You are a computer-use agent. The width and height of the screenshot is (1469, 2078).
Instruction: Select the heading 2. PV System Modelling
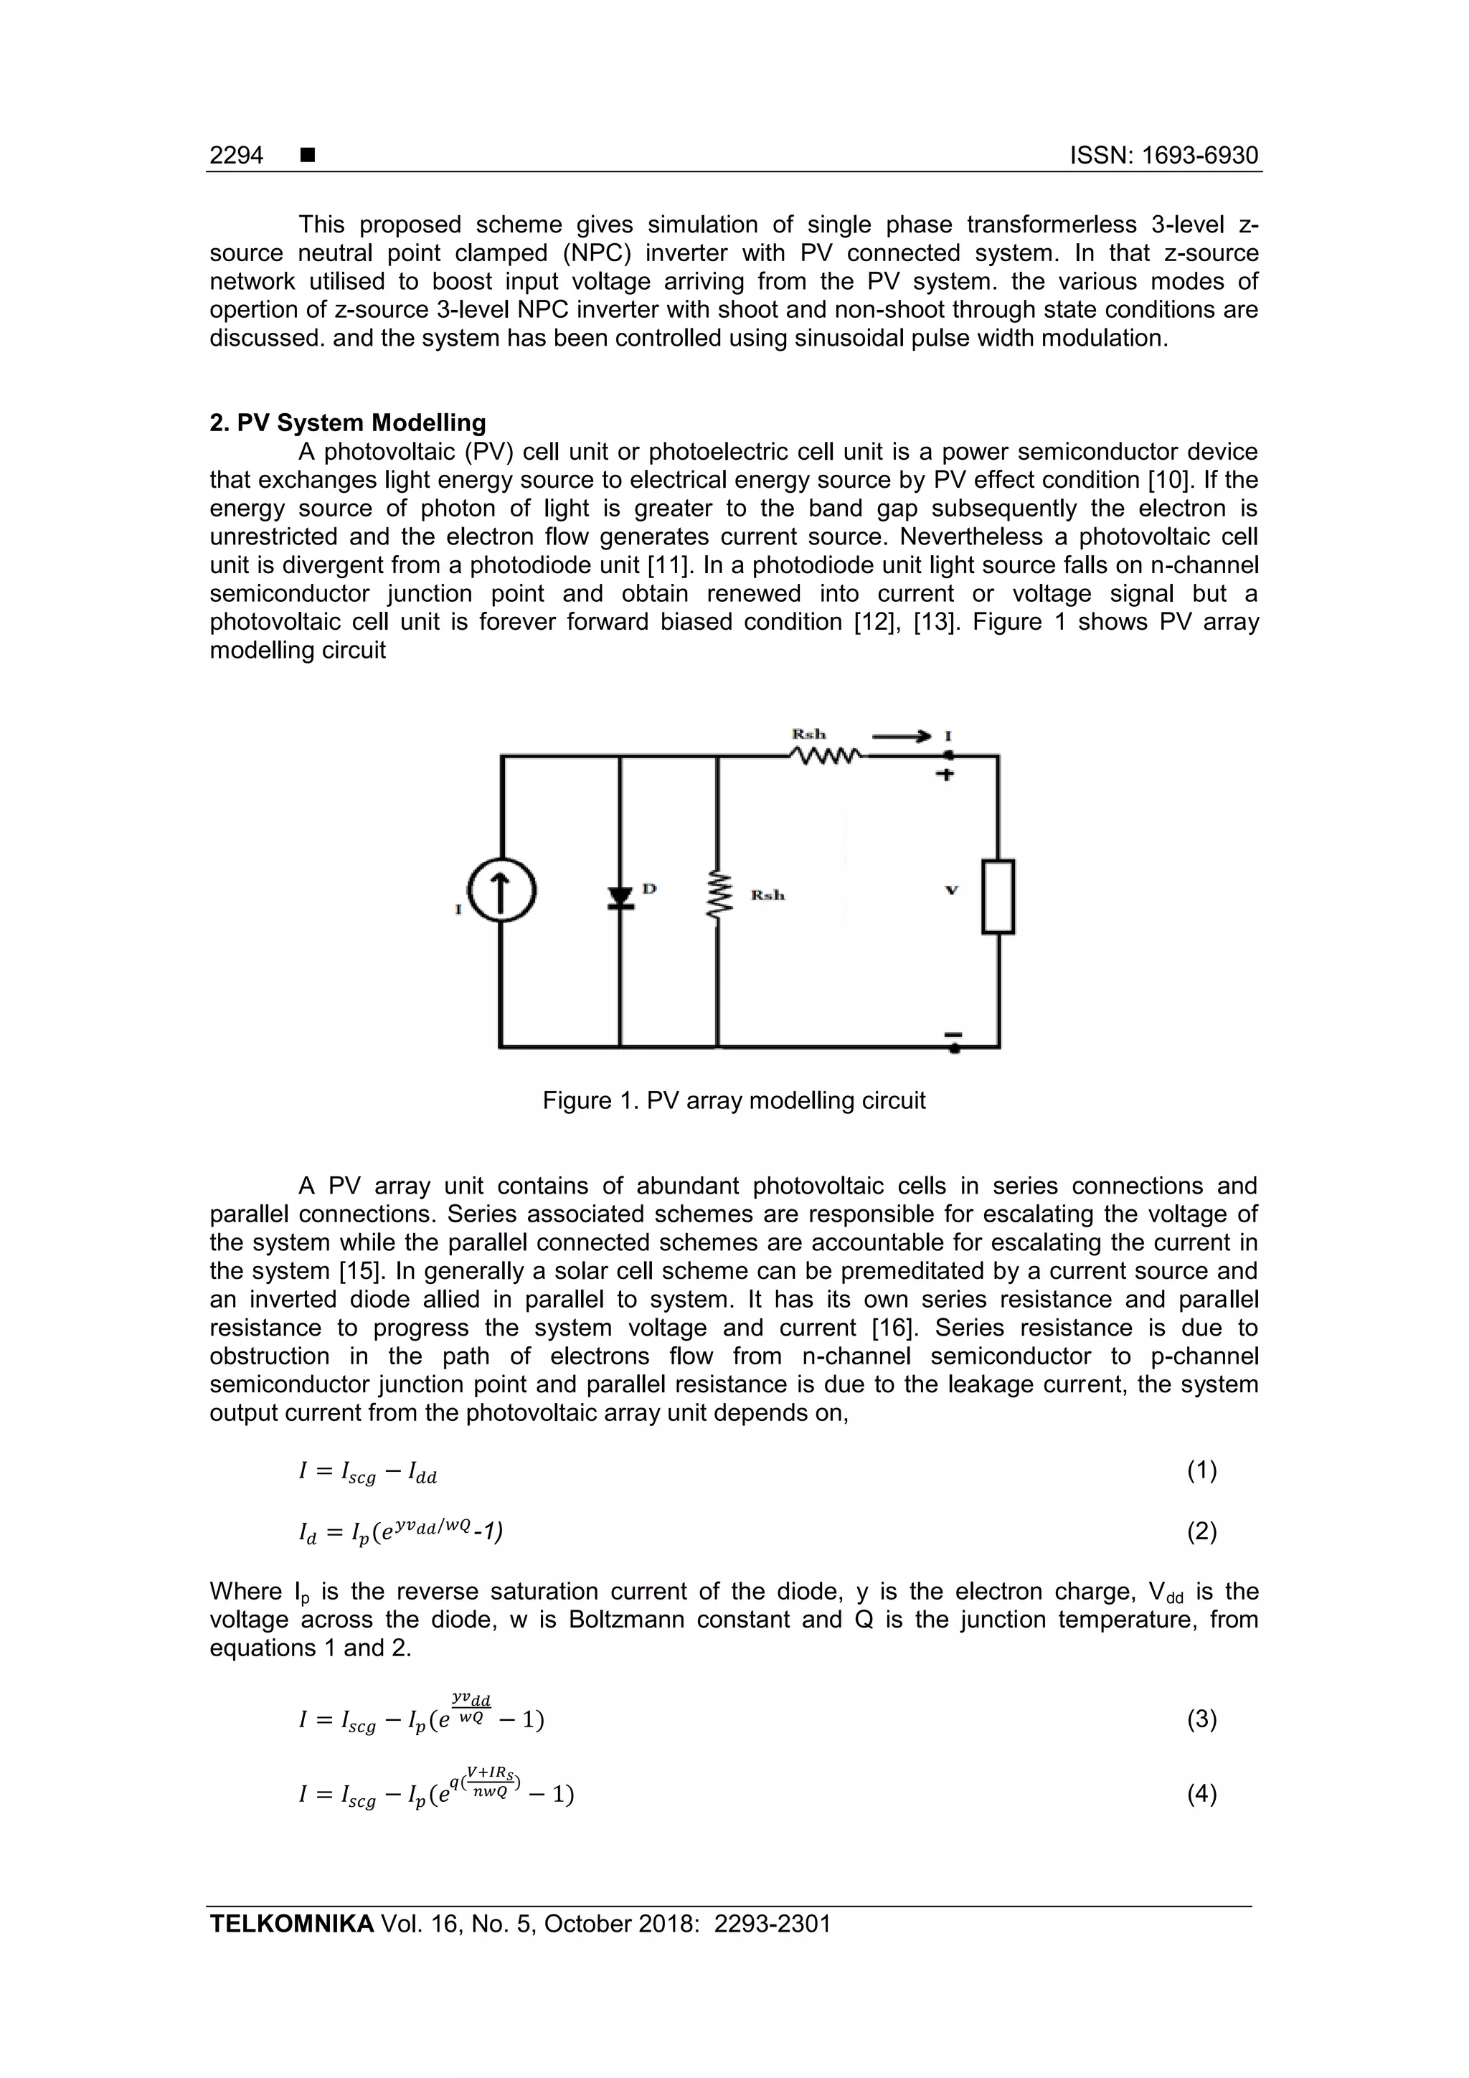tap(348, 422)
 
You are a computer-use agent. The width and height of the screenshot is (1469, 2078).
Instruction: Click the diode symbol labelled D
tap(620, 896)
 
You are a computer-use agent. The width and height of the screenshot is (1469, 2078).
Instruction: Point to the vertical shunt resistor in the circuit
tap(718, 896)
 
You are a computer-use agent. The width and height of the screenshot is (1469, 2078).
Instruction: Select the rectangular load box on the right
tap(998, 896)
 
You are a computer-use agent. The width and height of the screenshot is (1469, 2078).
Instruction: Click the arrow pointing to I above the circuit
tap(902, 737)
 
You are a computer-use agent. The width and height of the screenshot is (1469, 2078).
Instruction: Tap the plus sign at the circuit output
tap(944, 775)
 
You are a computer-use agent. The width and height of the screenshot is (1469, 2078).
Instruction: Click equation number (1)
tap(1202, 1470)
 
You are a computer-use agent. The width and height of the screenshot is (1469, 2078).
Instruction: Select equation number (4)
tap(1202, 1793)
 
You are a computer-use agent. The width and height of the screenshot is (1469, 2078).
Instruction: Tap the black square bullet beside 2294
tap(308, 156)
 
